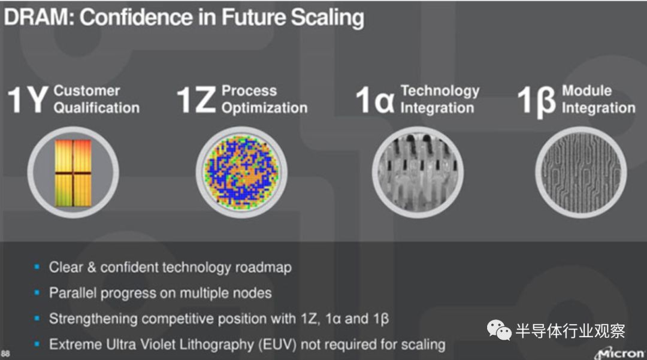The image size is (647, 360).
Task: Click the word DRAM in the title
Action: [38, 17]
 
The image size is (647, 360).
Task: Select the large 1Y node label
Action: [27, 99]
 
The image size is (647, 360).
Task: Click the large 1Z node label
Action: [196, 99]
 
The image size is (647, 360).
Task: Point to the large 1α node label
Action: [375, 99]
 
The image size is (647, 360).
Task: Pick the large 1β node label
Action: [536, 101]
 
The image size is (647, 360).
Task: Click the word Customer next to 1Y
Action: [87, 90]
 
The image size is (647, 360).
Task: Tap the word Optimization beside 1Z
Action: [265, 108]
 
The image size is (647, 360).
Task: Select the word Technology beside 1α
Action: [440, 91]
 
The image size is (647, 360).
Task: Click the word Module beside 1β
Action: [586, 90]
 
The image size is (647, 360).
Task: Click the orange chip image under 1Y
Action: [73, 173]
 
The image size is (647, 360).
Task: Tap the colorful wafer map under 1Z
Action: [241, 173]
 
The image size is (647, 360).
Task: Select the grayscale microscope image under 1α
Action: [418, 173]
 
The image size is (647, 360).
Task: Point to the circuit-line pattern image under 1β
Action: [581, 173]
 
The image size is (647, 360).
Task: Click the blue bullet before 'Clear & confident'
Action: [37, 267]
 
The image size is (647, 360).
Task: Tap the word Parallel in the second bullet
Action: [73, 293]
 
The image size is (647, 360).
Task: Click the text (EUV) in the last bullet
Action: [278, 344]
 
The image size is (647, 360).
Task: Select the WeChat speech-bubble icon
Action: [499, 330]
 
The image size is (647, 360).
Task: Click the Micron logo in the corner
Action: [620, 353]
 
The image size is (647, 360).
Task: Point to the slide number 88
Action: [5, 354]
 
